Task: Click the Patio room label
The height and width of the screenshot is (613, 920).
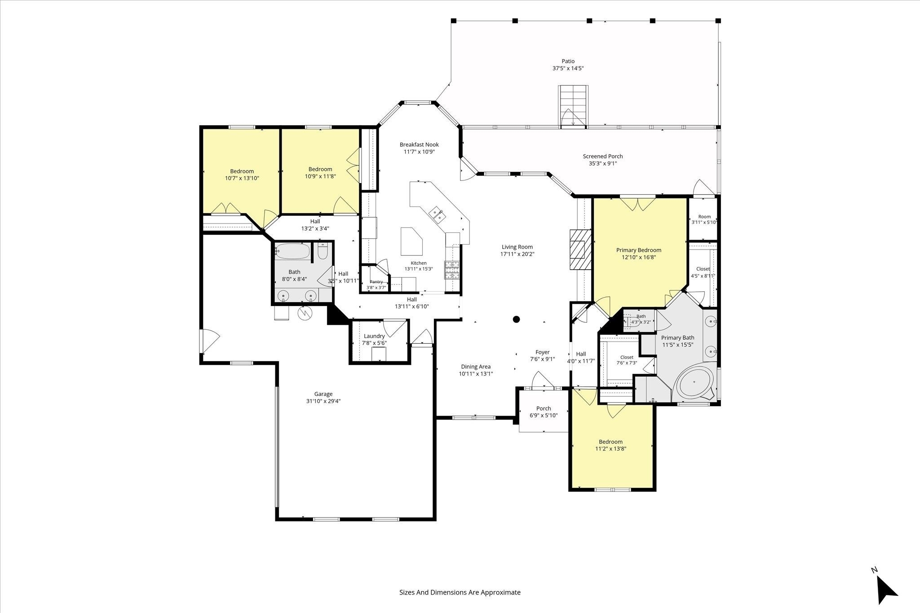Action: pos(568,61)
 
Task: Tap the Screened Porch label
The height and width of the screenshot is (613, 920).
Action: pos(603,156)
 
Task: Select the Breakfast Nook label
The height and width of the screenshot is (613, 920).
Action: pos(419,144)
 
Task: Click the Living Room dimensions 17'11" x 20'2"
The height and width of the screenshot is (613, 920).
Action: pos(517,254)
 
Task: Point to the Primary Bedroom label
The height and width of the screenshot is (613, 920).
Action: pos(638,250)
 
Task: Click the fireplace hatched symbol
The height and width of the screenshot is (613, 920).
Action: pos(580,250)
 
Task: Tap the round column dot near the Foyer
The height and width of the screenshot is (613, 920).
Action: pos(517,320)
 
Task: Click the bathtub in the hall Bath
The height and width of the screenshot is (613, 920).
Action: pos(292,251)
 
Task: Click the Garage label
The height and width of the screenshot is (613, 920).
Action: pos(323,394)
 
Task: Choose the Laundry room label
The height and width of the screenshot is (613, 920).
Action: pos(374,336)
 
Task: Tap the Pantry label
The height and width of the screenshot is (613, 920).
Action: pos(376,282)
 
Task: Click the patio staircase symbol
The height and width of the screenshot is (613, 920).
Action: pos(573,107)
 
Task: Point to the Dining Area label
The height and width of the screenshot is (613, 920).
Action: pos(476,367)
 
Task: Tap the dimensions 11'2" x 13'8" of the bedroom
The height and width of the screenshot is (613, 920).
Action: pos(611,448)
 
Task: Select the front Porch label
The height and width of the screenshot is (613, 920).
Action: pos(544,408)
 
